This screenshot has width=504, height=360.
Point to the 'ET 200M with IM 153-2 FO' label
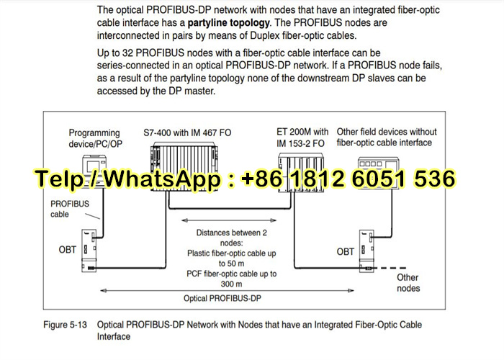click(302, 137)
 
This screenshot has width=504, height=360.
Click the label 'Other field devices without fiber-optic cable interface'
click(387, 137)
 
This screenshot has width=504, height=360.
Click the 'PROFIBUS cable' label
click(70, 209)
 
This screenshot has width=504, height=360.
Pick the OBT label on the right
click(346, 252)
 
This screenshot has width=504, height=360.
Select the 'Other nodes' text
click(408, 283)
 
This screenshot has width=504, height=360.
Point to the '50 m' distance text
click(226, 264)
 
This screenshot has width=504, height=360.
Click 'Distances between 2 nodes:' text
click(226, 238)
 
